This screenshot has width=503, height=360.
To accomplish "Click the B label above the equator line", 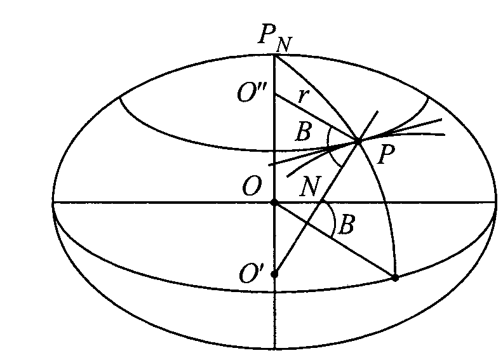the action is pyautogui.click(x=303, y=131).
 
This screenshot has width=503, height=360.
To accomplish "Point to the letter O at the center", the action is pyautogui.click(x=252, y=186).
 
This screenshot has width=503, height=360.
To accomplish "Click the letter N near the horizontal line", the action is pyautogui.click(x=310, y=187).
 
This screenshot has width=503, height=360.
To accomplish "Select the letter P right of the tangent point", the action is pyautogui.click(x=386, y=154).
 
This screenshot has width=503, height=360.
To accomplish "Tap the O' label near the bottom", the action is pyautogui.click(x=252, y=274).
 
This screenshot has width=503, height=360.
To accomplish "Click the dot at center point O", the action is pyautogui.click(x=274, y=203).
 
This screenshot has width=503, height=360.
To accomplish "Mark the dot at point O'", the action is pyautogui.click(x=274, y=274).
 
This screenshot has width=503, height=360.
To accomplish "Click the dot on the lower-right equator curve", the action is pyautogui.click(x=395, y=277).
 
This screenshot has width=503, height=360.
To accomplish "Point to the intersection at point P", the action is pyautogui.click(x=358, y=140).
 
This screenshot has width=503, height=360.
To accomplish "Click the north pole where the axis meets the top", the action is pyautogui.click(x=274, y=55).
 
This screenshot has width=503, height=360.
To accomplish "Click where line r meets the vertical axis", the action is pyautogui.click(x=275, y=94).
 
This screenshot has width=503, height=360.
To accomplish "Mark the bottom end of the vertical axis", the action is pyautogui.click(x=275, y=348).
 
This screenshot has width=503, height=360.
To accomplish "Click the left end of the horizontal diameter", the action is pyautogui.click(x=53, y=203).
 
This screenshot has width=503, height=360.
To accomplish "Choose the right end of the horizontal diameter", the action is pyautogui.click(x=496, y=203).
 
